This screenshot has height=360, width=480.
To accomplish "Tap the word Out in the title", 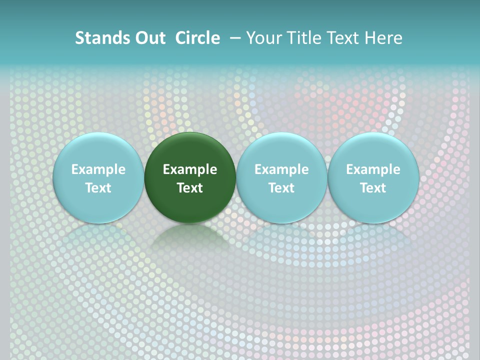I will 148,38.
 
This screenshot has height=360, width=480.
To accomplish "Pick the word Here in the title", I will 384,38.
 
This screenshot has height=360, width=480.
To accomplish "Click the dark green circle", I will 190,150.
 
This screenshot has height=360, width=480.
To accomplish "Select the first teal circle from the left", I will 98,150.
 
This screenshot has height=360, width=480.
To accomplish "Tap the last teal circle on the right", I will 373,150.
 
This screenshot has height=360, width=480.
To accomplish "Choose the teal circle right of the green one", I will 281,150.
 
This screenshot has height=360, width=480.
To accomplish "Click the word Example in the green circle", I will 190,169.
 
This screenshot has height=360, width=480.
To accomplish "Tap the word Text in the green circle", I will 190,188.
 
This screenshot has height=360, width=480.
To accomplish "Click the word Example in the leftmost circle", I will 98,169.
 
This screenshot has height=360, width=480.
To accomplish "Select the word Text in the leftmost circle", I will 98,188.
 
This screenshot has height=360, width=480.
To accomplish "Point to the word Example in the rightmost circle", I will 373,169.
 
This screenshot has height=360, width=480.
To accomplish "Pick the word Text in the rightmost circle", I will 373,188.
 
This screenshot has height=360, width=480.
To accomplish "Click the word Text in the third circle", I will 281,188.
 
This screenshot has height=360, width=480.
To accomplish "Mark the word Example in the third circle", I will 281,169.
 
